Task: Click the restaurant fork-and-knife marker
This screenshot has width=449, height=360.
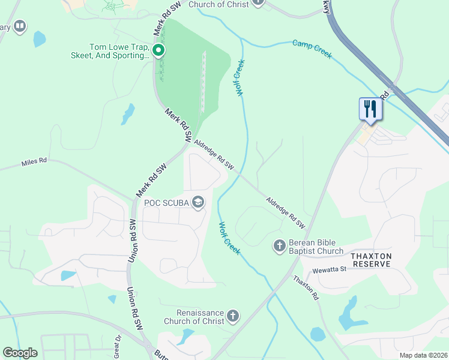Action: (370, 109)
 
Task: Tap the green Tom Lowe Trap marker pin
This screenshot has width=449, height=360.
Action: (158, 50)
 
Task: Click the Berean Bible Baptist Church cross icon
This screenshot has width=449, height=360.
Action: (279, 245)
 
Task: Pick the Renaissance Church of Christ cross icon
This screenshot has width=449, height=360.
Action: (233, 315)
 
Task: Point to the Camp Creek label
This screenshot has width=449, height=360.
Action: (312, 49)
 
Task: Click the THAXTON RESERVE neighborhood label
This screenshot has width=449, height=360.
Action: (372, 260)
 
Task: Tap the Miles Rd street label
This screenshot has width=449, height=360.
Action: (34, 161)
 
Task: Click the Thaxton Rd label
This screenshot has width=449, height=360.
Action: (306, 288)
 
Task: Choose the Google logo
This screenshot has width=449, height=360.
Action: (20, 353)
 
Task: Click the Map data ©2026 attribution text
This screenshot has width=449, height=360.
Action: (424, 355)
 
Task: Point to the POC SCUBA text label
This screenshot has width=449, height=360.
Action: (167, 203)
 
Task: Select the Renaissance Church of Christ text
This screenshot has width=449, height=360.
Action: (200, 317)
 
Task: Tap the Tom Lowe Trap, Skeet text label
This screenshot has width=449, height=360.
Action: (119, 51)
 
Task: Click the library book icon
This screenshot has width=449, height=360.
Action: (20, 26)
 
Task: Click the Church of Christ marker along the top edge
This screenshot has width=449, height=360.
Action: (258, 2)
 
